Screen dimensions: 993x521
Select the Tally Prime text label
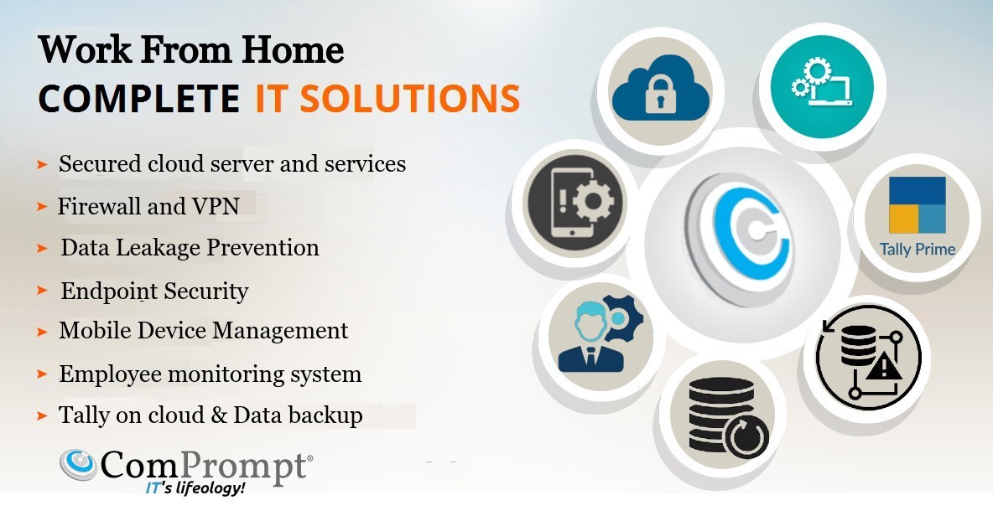918,249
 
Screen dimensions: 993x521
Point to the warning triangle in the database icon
883,365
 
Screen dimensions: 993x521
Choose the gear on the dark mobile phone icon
594,202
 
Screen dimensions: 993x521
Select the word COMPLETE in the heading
138,99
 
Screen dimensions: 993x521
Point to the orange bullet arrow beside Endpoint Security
43,290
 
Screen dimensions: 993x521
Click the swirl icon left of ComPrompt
78,465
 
